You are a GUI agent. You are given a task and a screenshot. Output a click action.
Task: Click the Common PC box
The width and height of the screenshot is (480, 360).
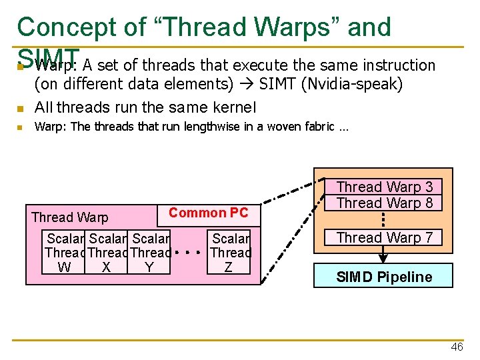[x=208, y=213]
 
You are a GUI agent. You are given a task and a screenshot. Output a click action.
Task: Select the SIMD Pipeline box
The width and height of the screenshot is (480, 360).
[x=383, y=276]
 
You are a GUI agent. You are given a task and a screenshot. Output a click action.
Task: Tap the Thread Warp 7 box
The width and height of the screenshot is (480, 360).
[x=384, y=237]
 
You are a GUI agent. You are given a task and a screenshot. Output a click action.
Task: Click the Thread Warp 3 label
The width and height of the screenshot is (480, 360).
[x=384, y=187]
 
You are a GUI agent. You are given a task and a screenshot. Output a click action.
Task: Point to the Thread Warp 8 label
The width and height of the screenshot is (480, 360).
[x=384, y=203]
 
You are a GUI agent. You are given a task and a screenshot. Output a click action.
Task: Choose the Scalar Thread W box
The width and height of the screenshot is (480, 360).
[x=65, y=253]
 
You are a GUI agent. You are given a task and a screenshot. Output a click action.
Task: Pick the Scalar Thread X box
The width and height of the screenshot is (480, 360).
[x=107, y=253]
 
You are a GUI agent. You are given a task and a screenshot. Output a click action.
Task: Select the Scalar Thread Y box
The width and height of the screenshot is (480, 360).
[x=149, y=253]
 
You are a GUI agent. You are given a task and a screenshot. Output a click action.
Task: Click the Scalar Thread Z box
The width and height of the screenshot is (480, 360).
[x=229, y=253]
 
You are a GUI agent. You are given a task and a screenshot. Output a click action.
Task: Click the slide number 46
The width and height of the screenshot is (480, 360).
[x=457, y=347]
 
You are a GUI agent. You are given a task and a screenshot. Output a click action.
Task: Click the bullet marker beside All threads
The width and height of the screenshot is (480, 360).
[x=21, y=108]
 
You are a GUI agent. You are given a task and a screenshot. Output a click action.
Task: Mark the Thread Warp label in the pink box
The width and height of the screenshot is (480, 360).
[x=69, y=217]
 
